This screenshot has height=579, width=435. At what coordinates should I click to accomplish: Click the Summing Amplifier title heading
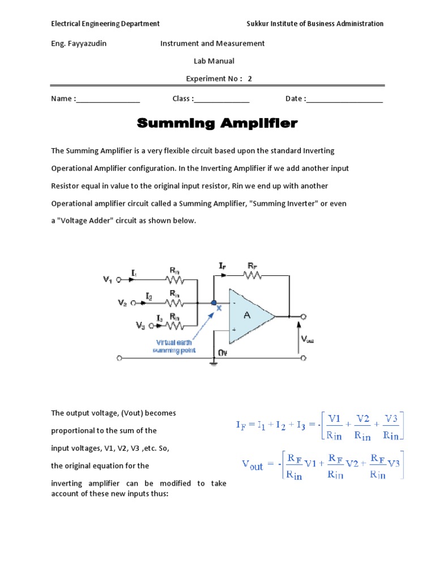[217, 123]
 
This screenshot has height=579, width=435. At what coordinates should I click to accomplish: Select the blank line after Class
[221, 100]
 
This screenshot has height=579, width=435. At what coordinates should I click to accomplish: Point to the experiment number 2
[249, 79]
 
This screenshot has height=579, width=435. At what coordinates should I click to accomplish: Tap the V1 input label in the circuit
[108, 279]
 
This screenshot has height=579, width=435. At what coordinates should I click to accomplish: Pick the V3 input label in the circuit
[140, 325]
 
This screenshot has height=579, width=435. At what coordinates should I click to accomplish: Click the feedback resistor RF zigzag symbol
[251, 275]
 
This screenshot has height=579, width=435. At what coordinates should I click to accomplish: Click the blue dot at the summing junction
[214, 303]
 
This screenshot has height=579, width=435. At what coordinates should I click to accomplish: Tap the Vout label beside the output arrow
[307, 339]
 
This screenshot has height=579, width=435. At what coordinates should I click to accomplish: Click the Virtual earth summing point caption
[174, 346]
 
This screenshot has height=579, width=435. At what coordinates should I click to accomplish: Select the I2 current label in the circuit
[148, 296]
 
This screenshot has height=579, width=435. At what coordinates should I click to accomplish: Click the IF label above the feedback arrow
[223, 265]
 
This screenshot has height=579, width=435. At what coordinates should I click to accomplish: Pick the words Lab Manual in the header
[214, 61]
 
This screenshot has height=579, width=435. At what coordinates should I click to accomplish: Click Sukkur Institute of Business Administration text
[315, 24]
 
